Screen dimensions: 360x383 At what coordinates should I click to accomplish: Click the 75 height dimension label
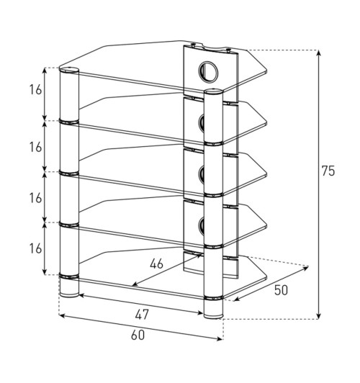point(328,171)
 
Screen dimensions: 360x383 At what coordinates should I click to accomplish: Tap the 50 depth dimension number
point(281,290)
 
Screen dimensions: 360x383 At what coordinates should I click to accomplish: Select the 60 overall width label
point(138,335)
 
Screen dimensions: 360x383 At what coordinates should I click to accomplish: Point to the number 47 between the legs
point(142,315)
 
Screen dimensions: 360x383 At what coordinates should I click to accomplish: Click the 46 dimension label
point(156,264)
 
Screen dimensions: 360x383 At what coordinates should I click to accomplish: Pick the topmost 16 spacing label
point(36,90)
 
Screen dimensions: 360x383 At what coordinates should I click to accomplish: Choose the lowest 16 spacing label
point(36,249)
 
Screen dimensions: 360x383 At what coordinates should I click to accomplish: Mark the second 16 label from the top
point(36,148)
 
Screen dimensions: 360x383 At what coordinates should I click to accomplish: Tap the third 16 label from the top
point(36,198)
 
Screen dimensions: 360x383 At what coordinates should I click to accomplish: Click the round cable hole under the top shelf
point(208,71)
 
